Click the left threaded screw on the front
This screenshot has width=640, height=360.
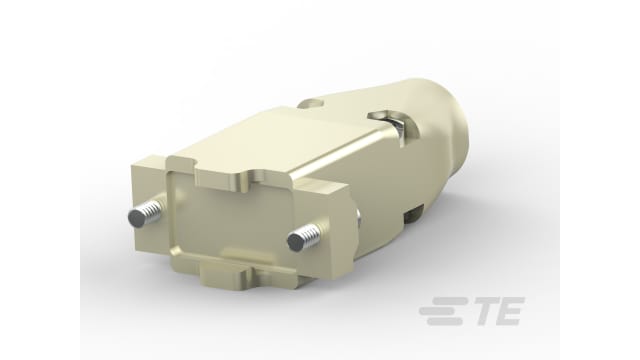click(147, 214)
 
